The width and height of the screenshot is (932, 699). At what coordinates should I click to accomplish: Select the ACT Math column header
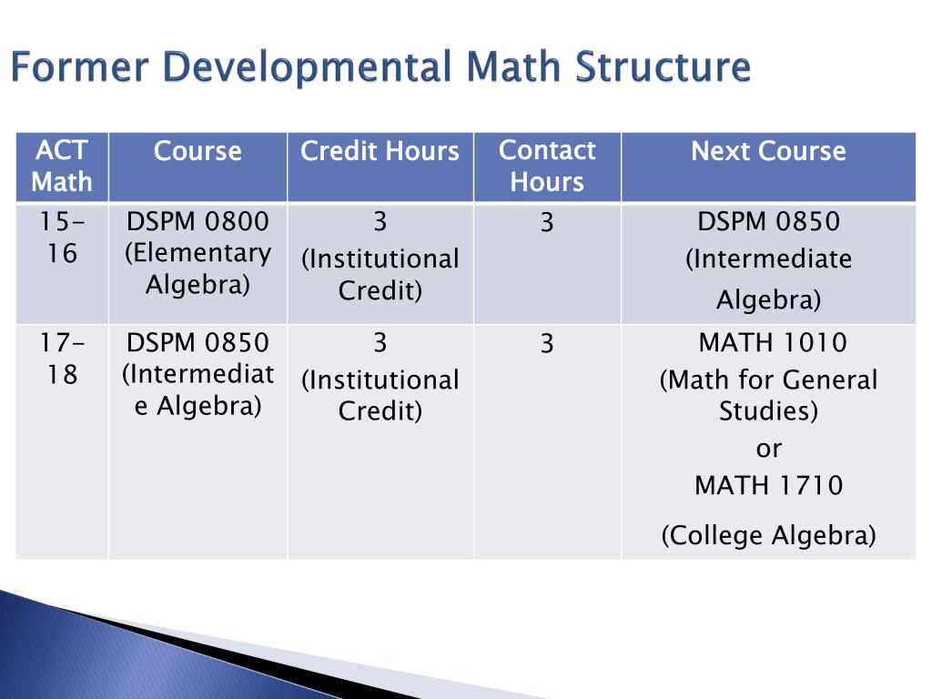coord(62,166)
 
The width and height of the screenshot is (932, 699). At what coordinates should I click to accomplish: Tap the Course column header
coord(198,151)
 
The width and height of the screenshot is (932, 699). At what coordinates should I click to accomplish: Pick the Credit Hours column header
coord(380,151)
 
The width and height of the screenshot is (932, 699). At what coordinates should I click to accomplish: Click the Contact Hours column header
coord(547,166)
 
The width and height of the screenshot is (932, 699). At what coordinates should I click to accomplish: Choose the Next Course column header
coord(768,151)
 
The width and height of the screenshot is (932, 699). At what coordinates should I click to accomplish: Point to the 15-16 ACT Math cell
coord(62,237)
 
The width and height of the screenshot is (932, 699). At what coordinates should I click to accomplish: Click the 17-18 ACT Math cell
coord(62,359)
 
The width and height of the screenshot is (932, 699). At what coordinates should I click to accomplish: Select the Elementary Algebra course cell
coord(198,252)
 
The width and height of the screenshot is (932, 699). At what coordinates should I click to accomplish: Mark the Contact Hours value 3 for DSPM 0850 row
coord(546,345)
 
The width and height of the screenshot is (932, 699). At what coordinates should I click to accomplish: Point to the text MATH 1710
coord(768,485)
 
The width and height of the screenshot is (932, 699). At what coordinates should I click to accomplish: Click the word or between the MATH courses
coord(769,448)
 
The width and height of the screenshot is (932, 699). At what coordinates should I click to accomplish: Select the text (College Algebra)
coord(768,534)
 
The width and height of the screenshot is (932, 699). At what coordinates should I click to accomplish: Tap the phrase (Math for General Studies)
coord(768,395)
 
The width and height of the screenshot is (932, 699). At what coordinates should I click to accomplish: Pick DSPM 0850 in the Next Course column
coord(768,222)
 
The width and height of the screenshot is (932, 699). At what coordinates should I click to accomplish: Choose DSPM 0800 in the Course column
coord(198,222)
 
